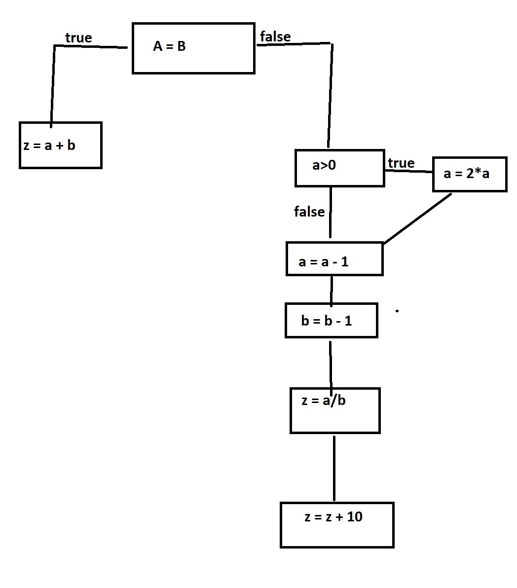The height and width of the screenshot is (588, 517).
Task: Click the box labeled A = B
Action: click(x=193, y=48)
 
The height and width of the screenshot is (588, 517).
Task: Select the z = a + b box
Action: click(x=60, y=145)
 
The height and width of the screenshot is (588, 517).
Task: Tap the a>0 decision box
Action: click(x=339, y=168)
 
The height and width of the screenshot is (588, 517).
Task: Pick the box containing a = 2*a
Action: click(x=469, y=174)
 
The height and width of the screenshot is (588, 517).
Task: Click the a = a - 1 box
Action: click(x=334, y=259)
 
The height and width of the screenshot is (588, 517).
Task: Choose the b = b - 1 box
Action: click(x=331, y=321)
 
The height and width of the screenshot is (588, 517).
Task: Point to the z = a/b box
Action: click(x=334, y=410)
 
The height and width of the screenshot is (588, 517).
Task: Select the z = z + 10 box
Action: click(x=336, y=525)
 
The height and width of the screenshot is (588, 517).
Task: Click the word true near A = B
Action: click(x=78, y=38)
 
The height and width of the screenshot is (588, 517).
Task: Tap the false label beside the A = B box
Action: click(x=275, y=37)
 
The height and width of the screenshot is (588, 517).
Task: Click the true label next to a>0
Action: click(x=401, y=163)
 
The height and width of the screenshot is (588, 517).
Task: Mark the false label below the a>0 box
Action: click(x=309, y=212)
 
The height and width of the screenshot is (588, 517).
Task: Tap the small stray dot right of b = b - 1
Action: click(x=397, y=311)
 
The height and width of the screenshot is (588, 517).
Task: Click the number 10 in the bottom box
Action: click(x=355, y=516)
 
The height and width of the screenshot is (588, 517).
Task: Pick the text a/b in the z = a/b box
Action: click(x=334, y=400)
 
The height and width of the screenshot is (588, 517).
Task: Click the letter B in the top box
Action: click(x=181, y=46)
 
